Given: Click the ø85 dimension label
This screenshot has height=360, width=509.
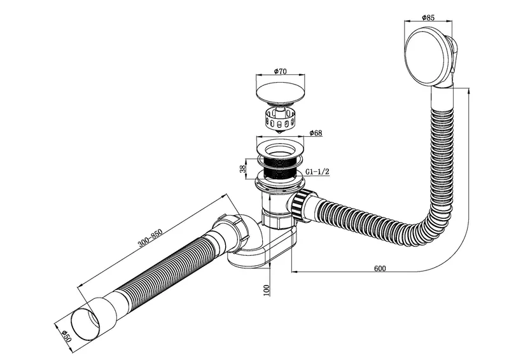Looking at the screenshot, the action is pyautogui.click(x=428, y=18).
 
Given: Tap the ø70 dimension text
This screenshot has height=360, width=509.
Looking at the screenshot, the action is pyautogui.click(x=280, y=71).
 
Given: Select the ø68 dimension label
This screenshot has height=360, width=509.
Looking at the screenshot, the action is pyautogui.click(x=316, y=133).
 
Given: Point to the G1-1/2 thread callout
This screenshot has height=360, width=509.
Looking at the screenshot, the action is pyautogui.click(x=317, y=172).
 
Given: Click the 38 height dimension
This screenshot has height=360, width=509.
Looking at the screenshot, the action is pyautogui.click(x=242, y=169).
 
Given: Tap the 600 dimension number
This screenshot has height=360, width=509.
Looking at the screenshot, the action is pyautogui.click(x=380, y=268).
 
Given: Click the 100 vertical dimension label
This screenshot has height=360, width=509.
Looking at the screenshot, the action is pyautogui.click(x=267, y=290).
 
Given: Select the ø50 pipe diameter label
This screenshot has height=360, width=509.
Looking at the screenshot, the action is pyautogui.click(x=66, y=336).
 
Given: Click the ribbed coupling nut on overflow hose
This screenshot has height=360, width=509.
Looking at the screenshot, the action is pyautogui.click(x=299, y=205).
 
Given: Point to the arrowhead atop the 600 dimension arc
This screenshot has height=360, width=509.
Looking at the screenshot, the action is pyautogui.click(x=469, y=93).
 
